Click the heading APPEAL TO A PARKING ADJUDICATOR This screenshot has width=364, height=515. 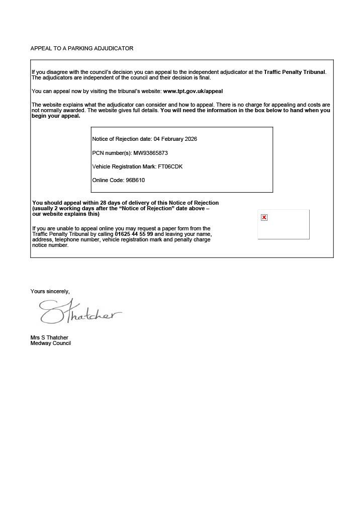click(x=81, y=48)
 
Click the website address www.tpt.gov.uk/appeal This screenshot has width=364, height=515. click(x=193, y=92)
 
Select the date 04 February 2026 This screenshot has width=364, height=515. click(x=175, y=139)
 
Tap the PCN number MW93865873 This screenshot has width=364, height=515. click(x=150, y=153)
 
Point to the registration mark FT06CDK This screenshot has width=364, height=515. click(x=170, y=166)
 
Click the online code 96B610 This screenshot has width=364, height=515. click(x=135, y=180)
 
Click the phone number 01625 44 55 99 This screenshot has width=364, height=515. click(x=134, y=234)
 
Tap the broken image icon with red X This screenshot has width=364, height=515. click(x=264, y=218)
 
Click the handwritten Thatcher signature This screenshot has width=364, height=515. click(x=80, y=312)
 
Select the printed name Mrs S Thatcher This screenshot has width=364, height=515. click(x=49, y=337)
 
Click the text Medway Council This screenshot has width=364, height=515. click(x=50, y=343)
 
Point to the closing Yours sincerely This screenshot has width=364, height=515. click(x=50, y=291)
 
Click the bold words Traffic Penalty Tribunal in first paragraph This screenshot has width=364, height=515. click(x=294, y=72)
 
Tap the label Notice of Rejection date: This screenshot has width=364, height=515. click(x=122, y=139)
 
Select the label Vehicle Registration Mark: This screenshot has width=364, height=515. click(x=124, y=166)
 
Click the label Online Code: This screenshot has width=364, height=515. click(x=108, y=180)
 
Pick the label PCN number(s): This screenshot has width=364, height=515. click(x=112, y=153)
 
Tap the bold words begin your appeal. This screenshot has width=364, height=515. click(x=56, y=116)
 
